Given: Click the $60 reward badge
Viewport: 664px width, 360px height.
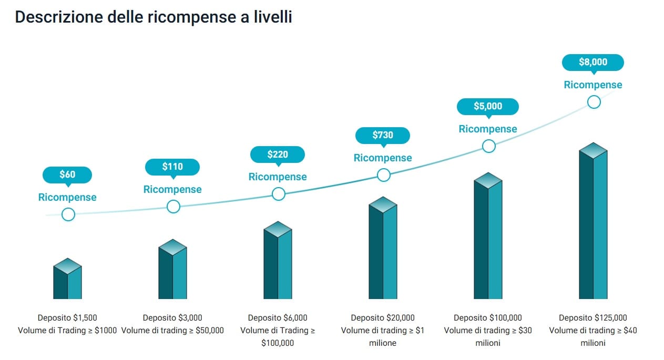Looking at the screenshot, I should pyautogui.click(x=67, y=174).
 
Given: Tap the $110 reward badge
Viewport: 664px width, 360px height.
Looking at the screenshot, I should pyautogui.click(x=172, y=167).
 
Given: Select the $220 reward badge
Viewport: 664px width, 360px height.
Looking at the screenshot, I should pyautogui.click(x=278, y=155).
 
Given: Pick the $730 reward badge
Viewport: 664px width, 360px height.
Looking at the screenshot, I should pyautogui.click(x=383, y=135).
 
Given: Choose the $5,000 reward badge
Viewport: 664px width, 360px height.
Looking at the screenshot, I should pyautogui.click(x=488, y=106).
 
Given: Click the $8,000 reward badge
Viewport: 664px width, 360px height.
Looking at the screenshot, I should pyautogui.click(x=593, y=62).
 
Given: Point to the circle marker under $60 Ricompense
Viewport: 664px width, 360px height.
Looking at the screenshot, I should pyautogui.click(x=68, y=214).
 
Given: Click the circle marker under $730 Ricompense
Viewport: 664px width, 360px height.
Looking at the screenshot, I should pyautogui.click(x=384, y=174).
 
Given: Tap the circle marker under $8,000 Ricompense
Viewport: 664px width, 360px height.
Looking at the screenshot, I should pyautogui.click(x=594, y=101).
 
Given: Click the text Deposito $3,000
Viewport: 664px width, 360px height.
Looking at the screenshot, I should pyautogui.click(x=172, y=317).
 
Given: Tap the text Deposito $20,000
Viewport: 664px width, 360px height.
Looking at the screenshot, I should pyautogui.click(x=383, y=317).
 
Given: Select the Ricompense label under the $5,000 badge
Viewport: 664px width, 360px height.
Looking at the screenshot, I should pyautogui.click(x=488, y=129).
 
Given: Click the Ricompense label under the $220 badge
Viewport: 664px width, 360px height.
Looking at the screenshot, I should pyautogui.click(x=278, y=177).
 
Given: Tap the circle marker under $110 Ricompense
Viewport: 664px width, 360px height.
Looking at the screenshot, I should pyautogui.click(x=173, y=207).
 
